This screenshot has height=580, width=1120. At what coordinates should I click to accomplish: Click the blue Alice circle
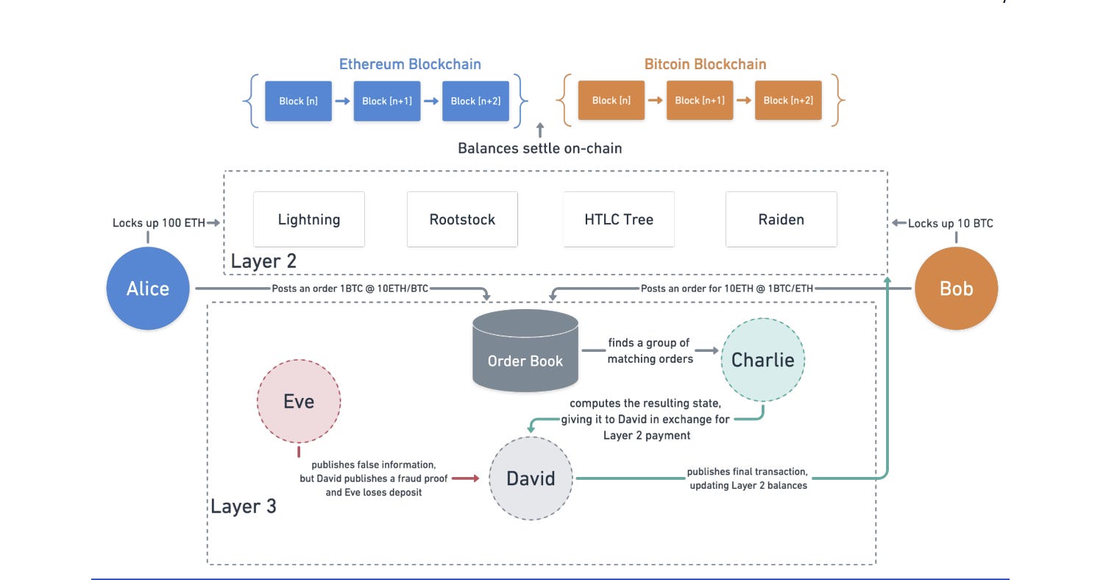148,289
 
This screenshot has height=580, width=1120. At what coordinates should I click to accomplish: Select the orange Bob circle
956,289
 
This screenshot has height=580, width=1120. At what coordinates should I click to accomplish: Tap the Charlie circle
762,360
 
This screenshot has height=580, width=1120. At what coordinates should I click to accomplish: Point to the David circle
531,478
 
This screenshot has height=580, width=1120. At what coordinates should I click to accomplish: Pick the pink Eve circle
299,401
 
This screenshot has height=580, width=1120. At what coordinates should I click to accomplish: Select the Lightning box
309,219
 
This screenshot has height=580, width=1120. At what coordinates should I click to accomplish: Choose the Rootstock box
462,219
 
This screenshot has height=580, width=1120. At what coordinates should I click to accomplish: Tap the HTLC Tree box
619,219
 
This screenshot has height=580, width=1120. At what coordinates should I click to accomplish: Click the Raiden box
781,219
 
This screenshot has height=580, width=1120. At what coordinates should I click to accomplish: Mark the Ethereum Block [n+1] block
387,101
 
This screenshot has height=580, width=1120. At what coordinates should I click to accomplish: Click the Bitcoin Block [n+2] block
788,101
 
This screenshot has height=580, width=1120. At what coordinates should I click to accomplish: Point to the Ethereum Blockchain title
410,64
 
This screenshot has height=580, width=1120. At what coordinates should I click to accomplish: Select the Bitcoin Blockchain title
705,64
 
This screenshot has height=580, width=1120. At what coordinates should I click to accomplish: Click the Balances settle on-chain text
539,148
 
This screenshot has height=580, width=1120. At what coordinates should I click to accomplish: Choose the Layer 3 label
244,506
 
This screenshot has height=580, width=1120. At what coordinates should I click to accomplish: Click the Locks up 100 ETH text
158,222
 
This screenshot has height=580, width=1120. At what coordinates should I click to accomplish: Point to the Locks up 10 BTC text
950,223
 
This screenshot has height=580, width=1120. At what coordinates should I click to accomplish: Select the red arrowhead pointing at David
475,478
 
